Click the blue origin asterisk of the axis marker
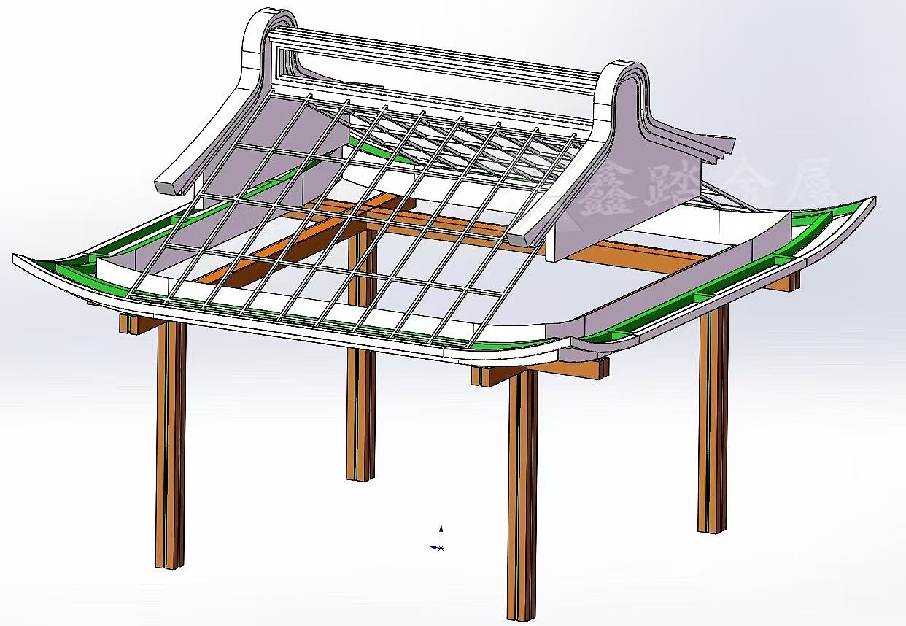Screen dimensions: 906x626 440,547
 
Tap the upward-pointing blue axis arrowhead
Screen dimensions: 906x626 441,528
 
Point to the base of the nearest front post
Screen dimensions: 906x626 522,611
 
